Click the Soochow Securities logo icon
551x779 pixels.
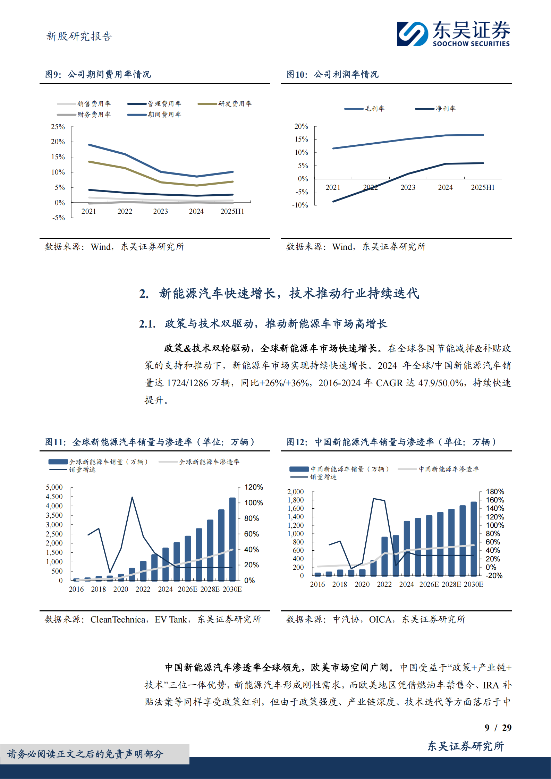412,34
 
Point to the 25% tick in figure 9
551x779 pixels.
58,127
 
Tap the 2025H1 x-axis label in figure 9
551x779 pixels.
232,211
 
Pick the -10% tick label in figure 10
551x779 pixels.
300,205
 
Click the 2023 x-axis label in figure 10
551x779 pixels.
408,187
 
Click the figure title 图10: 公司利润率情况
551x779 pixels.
332,74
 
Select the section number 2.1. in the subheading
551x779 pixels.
147,324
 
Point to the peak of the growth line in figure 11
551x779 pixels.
132,498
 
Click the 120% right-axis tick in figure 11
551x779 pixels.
253,487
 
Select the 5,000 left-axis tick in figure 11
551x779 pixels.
54,487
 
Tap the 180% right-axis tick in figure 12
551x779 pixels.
495,492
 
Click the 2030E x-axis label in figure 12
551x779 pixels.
473,584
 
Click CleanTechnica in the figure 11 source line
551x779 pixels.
118,619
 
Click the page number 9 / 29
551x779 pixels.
498,728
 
